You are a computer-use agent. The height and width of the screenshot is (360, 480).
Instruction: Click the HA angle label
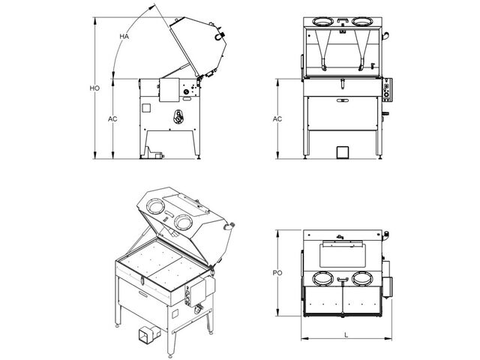[x=124, y=37]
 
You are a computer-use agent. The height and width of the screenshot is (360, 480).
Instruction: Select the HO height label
[x=94, y=88]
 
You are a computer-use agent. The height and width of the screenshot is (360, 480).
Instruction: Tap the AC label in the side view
[x=112, y=118]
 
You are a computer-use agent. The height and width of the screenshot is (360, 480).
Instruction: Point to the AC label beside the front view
[x=277, y=118]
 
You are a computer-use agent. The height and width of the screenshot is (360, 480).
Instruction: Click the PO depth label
[x=277, y=273]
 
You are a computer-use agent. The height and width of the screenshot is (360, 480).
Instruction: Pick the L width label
[x=346, y=335]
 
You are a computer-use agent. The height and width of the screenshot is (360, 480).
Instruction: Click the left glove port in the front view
[x=322, y=22]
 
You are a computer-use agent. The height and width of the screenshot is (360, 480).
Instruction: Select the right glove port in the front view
[x=361, y=22]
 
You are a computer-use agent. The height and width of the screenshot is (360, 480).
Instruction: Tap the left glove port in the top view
[x=323, y=279]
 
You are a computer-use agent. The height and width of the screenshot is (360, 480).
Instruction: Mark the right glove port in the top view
[x=362, y=279]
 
